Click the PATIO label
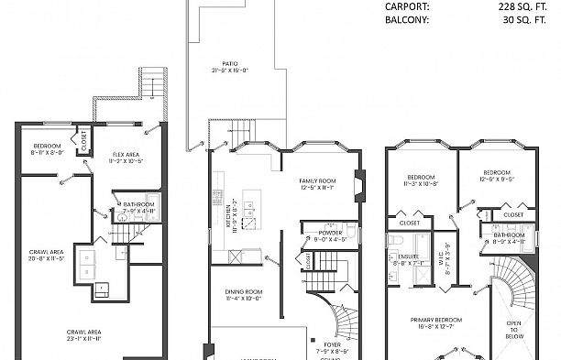[216, 64]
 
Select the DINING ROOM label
[245, 295]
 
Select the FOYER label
[329, 346]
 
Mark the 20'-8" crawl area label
[45, 256]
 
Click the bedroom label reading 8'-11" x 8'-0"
[47, 150]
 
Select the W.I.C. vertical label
[443, 249]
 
